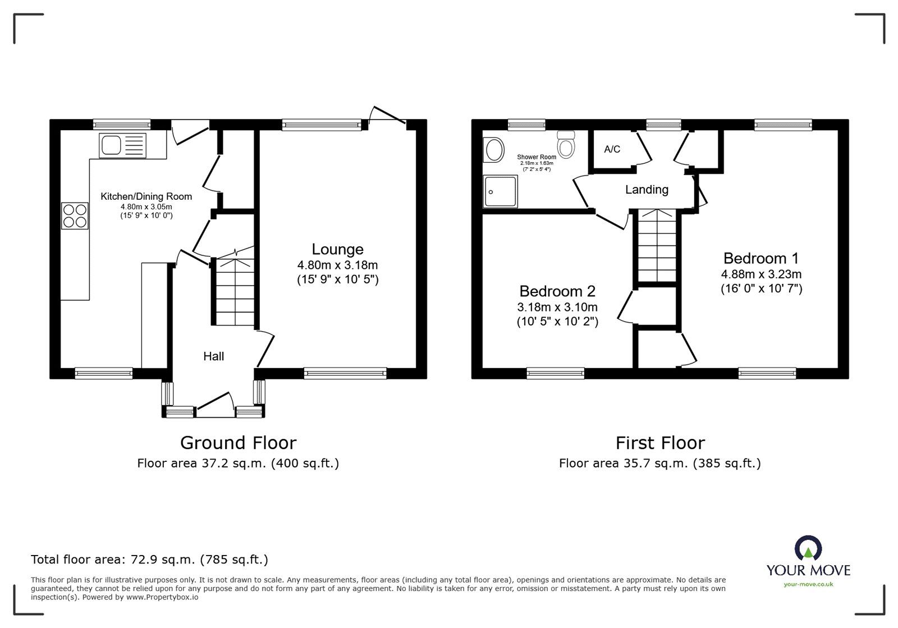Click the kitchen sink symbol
122,145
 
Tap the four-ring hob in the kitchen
75,215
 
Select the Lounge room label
337,249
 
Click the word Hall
213,356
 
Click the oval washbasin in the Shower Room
494,150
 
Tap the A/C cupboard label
612,149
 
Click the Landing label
647,190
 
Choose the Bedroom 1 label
760,259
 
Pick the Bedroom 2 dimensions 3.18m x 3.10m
557,307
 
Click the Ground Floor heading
238,443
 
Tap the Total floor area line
149,560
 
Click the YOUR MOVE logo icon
808,549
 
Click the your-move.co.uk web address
808,584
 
